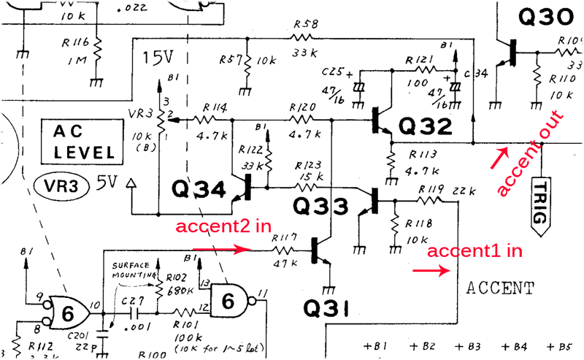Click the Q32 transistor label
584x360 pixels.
tap(426, 126)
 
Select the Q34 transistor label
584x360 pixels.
tap(199, 190)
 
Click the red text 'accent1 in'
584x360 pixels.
tap(475, 252)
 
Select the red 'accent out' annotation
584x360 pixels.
tap(530, 153)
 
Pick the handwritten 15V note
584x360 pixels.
tap(159, 56)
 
